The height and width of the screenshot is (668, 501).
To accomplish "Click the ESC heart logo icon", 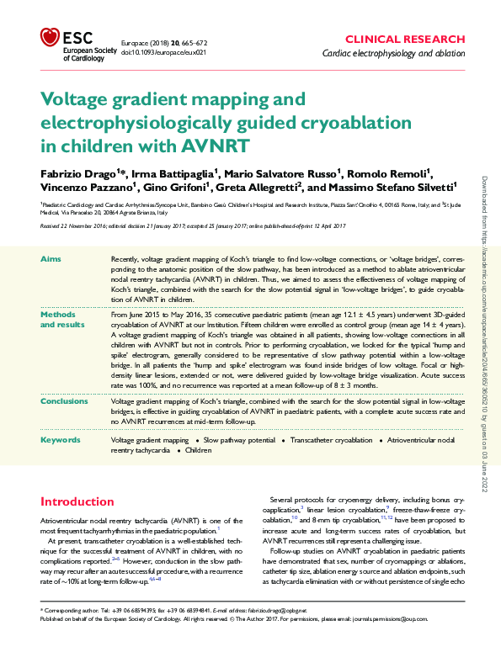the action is point(51,37).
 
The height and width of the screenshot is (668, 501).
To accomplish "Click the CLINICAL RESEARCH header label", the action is point(404,39).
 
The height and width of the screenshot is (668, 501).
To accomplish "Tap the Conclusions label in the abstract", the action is point(64,401).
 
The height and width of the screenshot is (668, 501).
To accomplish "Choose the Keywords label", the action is point(61,439).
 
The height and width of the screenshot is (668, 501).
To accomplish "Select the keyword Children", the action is point(199,450).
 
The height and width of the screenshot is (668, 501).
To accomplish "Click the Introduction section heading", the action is point(84,501).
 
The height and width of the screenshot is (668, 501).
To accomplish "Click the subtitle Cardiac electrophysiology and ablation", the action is point(392,54).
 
